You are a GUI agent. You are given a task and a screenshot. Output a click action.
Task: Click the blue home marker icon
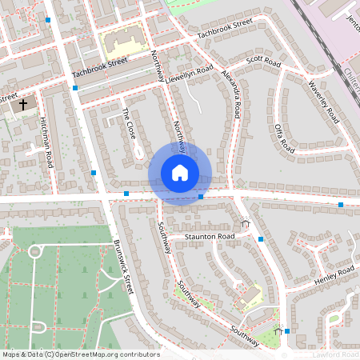pyautogui.click(x=180, y=173)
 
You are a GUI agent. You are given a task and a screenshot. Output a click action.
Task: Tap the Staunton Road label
pyautogui.click(x=209, y=237)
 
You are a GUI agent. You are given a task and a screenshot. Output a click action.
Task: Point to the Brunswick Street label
pyautogui.click(x=125, y=264)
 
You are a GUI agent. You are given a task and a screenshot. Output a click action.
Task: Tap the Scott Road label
pyautogui.click(x=264, y=62)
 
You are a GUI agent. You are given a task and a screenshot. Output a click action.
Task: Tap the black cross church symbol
pyautogui.click(x=22, y=104)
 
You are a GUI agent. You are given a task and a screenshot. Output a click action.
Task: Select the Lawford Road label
pyautogui.click(x=335, y=354)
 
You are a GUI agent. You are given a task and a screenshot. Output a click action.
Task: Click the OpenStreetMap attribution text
pyautogui.click(x=80, y=354)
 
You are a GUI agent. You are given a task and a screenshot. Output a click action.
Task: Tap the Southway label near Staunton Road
pyautogui.click(x=163, y=238)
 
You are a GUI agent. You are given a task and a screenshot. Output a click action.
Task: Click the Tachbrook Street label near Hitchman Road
pyautogui.click(x=99, y=68)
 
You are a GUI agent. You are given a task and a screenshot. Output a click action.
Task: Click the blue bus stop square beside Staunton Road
pyautogui.click(x=261, y=238)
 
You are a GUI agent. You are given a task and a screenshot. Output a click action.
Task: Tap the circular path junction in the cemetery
pyautogui.click(x=34, y=251)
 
